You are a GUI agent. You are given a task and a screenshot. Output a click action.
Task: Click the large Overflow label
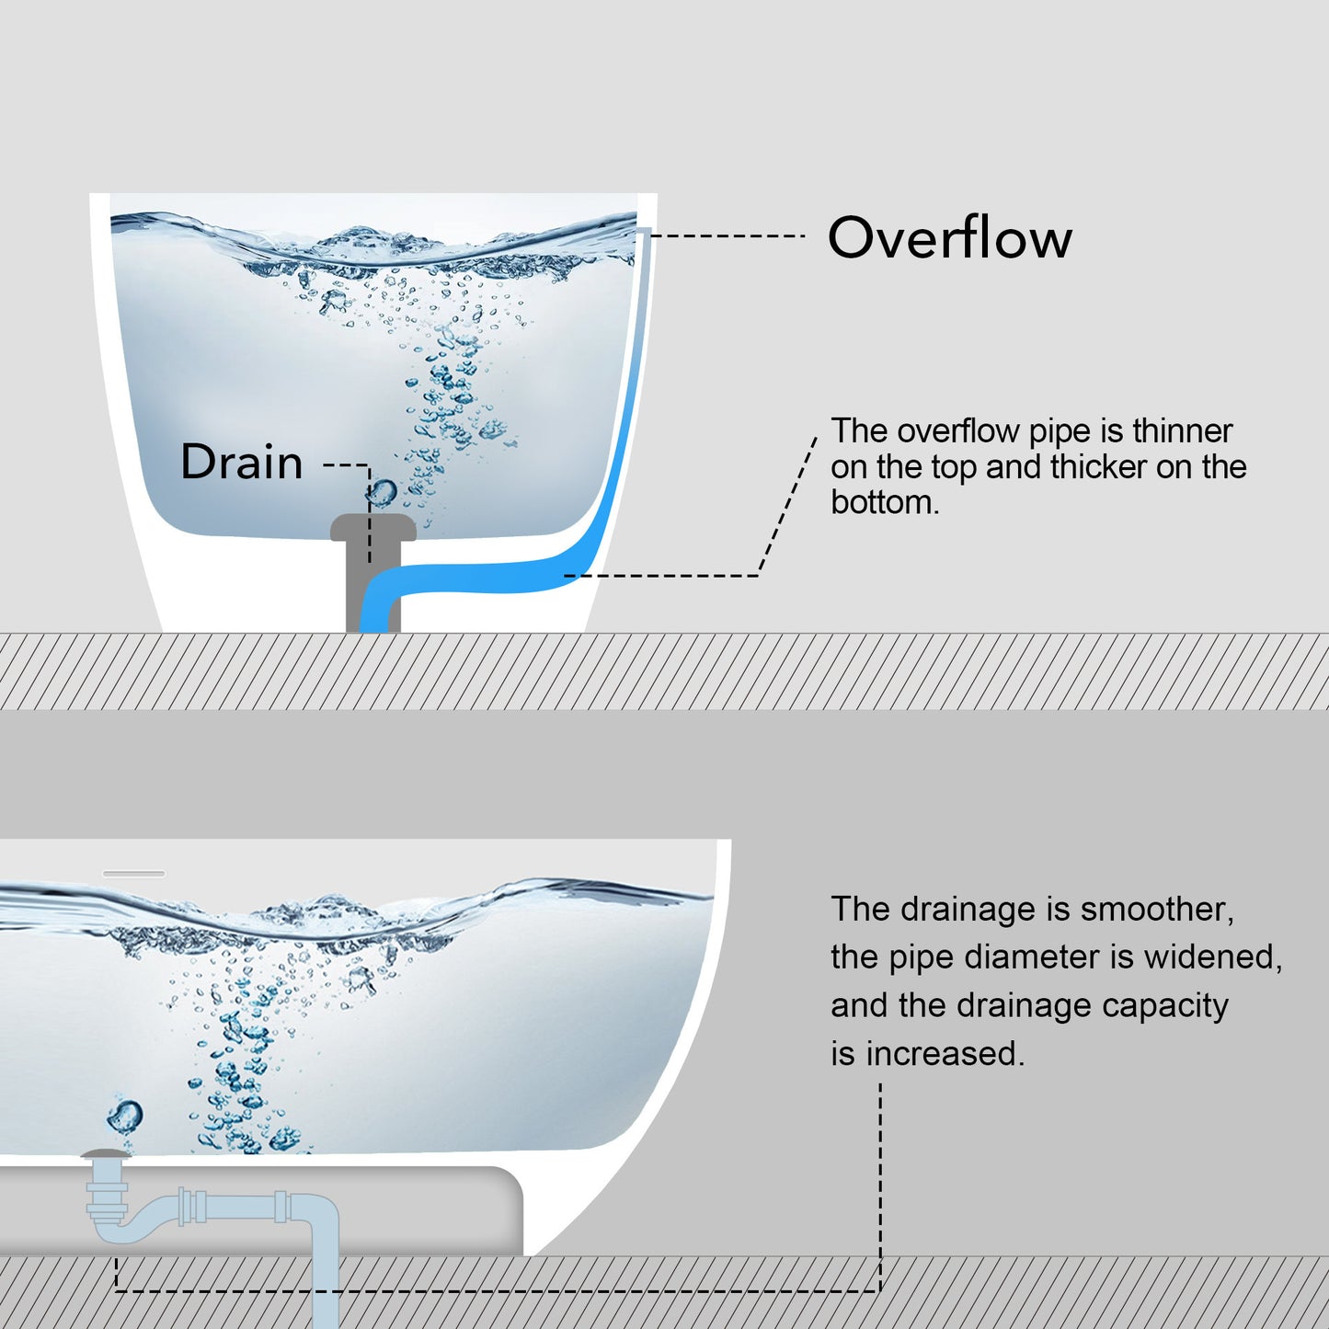tap(949, 238)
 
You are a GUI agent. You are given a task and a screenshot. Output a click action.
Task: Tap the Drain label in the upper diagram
tap(242, 462)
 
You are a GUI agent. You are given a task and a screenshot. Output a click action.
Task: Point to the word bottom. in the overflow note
tap(885, 503)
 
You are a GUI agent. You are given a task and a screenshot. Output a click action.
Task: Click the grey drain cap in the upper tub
tap(372, 528)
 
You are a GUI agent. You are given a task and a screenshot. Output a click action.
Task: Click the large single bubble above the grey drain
tap(383, 492)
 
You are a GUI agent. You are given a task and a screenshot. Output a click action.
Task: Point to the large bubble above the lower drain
tap(125, 1117)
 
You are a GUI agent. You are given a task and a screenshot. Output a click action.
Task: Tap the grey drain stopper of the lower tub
tap(105, 1153)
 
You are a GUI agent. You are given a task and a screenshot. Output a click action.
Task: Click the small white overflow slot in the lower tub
tap(134, 874)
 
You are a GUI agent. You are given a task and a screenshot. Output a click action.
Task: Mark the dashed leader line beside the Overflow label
tap(727, 236)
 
